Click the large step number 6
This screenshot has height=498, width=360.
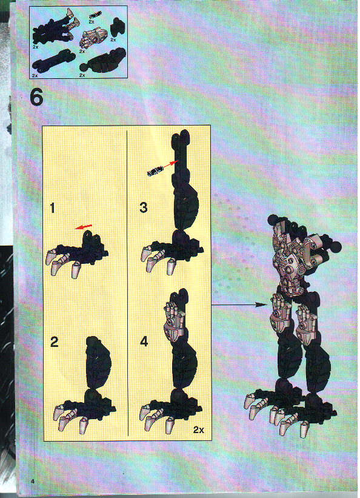(x=36, y=97)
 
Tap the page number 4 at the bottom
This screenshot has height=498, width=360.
(x=33, y=481)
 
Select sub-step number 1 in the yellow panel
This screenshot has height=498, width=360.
(x=52, y=208)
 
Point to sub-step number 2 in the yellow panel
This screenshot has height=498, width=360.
(x=55, y=342)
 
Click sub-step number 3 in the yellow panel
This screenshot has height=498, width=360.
(x=144, y=207)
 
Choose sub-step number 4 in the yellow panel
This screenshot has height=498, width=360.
(x=144, y=342)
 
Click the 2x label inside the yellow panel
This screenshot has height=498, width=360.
(x=199, y=429)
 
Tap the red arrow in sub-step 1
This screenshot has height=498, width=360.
(x=83, y=227)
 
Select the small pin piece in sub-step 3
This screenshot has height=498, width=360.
(x=155, y=170)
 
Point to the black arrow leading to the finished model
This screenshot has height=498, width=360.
(x=239, y=305)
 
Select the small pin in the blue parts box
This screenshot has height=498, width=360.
(x=95, y=15)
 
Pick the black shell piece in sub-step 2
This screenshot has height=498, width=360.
(x=98, y=362)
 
